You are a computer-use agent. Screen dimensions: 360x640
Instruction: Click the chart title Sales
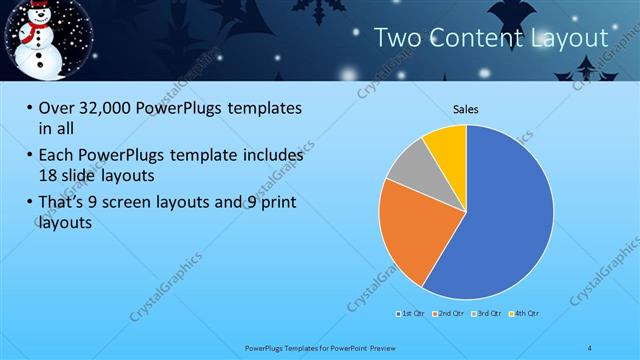(x=465, y=108)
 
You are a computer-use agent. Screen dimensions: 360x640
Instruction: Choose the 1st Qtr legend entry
(x=410, y=314)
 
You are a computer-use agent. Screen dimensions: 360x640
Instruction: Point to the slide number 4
(x=589, y=346)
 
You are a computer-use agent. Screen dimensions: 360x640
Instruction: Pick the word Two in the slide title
(x=397, y=38)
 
